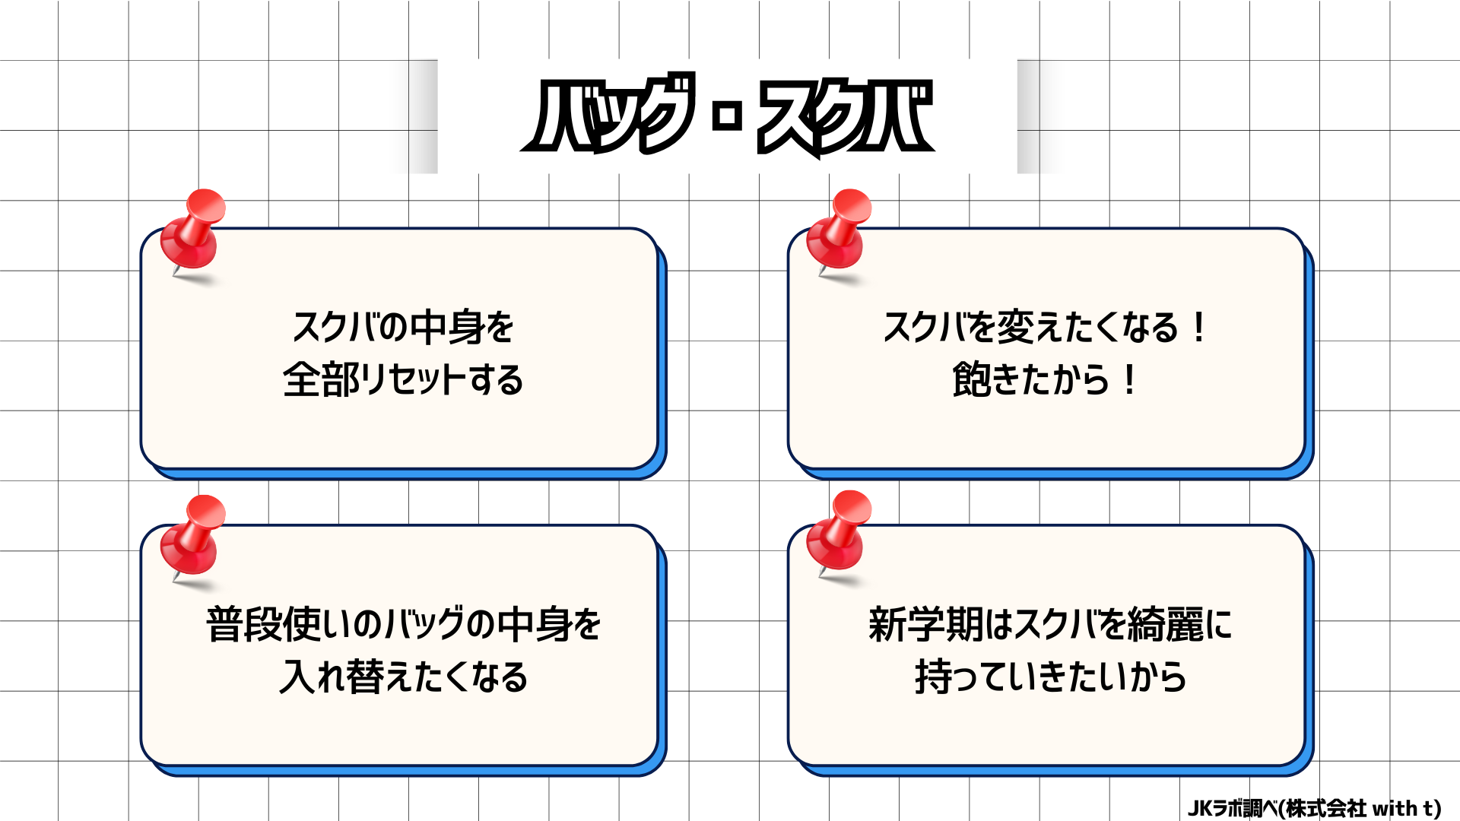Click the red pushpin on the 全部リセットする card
[x=193, y=232]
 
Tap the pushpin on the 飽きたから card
[x=839, y=232]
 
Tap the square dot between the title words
[x=728, y=116]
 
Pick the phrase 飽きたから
[x=1030, y=379]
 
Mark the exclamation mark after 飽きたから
[x=1130, y=379]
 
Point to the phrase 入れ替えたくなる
[x=403, y=677]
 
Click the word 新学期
[x=925, y=625]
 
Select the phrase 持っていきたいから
[x=1050, y=677]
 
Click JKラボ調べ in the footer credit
[x=1232, y=808]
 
